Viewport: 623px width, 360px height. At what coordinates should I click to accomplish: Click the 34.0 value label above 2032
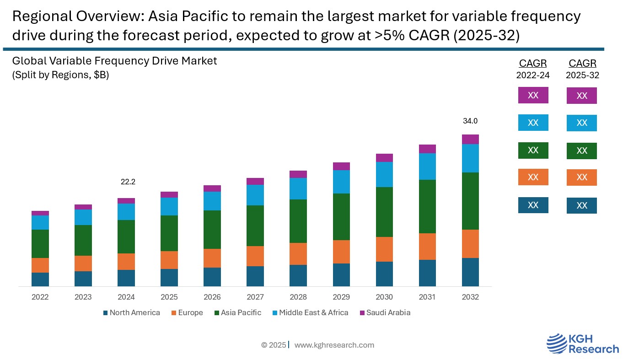point(470,121)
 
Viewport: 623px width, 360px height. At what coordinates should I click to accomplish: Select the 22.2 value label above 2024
point(128,182)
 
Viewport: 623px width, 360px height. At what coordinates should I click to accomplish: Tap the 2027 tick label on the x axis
point(255,297)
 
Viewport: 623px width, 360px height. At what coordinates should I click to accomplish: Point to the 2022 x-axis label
point(40,297)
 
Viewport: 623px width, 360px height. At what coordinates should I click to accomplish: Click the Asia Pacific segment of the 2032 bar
point(470,201)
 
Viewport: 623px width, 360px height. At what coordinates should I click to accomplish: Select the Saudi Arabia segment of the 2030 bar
point(384,158)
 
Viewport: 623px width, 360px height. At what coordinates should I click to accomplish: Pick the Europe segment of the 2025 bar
point(169,260)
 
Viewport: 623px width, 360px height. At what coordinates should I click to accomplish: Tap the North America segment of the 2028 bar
point(298,275)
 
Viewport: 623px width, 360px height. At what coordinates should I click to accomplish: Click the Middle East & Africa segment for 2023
point(83,217)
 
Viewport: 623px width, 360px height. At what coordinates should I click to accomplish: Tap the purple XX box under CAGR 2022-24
point(533,95)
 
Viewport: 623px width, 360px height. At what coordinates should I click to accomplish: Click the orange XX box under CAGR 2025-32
point(582,177)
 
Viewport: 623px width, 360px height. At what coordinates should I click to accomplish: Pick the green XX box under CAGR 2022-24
point(533,150)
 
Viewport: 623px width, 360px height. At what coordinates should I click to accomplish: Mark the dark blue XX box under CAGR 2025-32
point(582,205)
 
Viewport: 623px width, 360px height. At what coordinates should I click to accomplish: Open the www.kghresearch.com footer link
point(334,345)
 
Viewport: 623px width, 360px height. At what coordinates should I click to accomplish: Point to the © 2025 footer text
point(274,345)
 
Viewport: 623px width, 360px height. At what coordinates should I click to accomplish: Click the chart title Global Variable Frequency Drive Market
point(114,61)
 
